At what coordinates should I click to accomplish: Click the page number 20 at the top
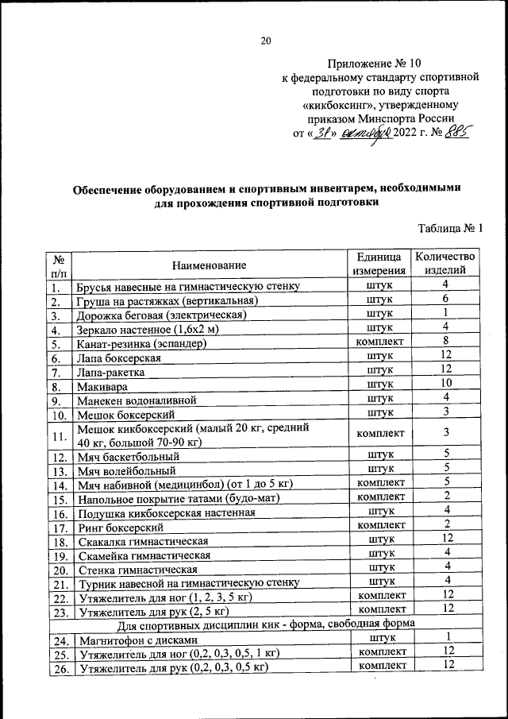[x=265, y=41]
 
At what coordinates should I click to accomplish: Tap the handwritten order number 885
[x=456, y=133]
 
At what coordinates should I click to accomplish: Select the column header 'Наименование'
[x=209, y=265]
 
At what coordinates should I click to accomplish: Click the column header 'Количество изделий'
[x=445, y=264]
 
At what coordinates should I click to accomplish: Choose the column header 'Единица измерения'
[x=379, y=264]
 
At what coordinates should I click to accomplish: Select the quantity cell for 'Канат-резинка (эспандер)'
[x=446, y=342]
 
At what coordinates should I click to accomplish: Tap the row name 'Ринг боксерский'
[x=120, y=527]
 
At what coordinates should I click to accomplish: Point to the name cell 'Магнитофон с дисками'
[x=134, y=640]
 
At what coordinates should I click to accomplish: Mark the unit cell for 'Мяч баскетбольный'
[x=379, y=457]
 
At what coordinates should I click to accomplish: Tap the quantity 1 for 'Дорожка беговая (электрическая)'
[x=446, y=313]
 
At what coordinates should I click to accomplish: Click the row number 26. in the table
[x=58, y=669]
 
